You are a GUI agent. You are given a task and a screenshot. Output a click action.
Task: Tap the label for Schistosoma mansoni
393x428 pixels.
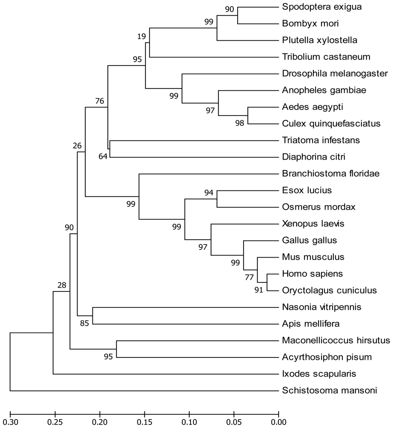pyautogui.click(x=324, y=390)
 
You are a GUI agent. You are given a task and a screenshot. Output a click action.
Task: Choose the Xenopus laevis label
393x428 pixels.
pyautogui.click(x=307, y=223)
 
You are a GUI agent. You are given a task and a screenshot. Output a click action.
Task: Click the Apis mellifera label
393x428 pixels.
pyautogui.click(x=305, y=324)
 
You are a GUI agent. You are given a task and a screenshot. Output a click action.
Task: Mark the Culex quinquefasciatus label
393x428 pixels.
pyautogui.click(x=331, y=123)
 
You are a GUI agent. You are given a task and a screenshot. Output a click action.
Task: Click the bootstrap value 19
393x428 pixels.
pyautogui.click(x=141, y=37)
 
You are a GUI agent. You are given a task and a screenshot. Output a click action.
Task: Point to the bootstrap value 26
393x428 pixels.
pyautogui.click(x=77, y=146)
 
